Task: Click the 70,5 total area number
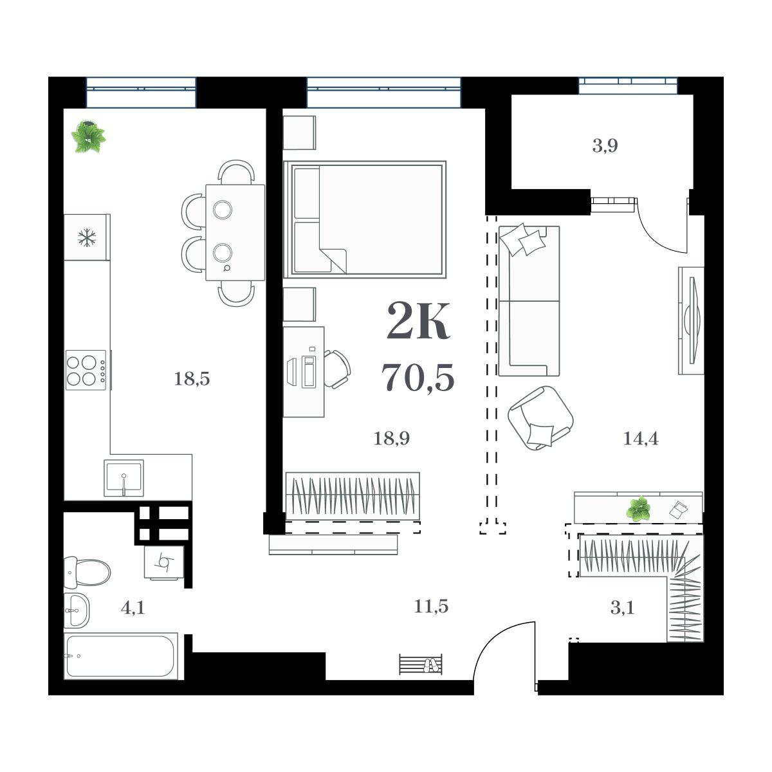[x=418, y=377]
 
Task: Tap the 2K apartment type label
[x=418, y=321]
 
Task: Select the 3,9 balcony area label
[x=605, y=146]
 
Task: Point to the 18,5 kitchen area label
[x=192, y=378]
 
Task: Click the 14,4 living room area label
[x=641, y=439]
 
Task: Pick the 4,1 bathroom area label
[x=133, y=608]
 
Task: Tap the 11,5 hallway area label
[x=431, y=607]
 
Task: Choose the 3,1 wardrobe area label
[x=622, y=608]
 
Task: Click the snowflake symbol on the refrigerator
[x=86, y=237]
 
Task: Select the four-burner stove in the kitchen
[x=86, y=371]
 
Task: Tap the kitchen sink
[x=124, y=478]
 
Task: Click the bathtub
[x=120, y=656]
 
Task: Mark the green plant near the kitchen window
[x=89, y=137]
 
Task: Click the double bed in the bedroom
[x=365, y=219]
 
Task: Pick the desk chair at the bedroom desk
[x=337, y=369]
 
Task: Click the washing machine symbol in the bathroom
[x=164, y=562]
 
